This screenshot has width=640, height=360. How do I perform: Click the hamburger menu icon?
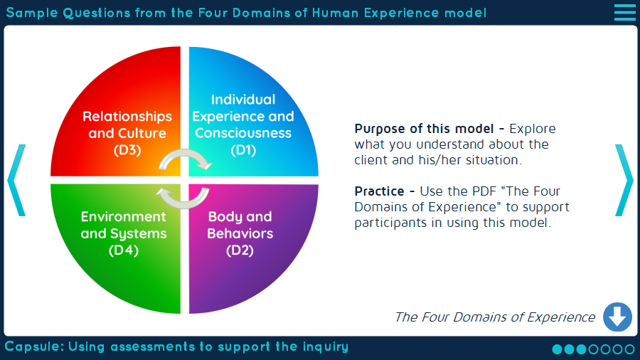(624, 12)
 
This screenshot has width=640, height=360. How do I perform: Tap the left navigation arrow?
(16, 180)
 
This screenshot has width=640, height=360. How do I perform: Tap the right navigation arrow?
(624, 180)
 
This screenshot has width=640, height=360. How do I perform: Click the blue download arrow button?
(617, 317)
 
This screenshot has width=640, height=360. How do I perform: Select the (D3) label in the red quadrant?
(127, 150)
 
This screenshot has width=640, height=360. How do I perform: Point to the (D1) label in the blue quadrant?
(243, 150)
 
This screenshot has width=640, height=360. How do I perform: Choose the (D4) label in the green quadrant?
(124, 250)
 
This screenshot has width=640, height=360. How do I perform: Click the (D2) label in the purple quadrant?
(240, 250)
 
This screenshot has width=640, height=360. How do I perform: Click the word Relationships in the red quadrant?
(127, 116)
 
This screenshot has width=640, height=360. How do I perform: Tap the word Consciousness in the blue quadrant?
(243, 133)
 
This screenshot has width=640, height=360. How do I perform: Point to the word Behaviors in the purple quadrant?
(240, 233)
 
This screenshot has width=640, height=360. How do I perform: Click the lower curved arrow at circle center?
(183, 197)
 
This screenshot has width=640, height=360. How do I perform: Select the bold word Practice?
(380, 191)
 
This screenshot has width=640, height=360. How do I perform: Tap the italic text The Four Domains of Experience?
(494, 317)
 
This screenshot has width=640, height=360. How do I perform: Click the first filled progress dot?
(558, 349)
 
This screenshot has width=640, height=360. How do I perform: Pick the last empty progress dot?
(629, 349)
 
